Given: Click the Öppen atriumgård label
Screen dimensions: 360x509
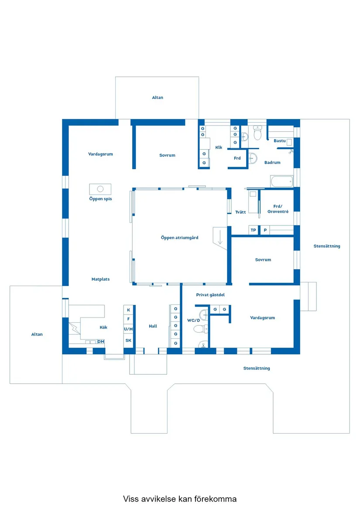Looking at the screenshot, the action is pyautogui.click(x=179, y=238).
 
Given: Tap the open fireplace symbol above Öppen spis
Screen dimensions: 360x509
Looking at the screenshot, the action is pyautogui.click(x=100, y=189).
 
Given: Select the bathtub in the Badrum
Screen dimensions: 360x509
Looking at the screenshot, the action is pyautogui.click(x=282, y=181).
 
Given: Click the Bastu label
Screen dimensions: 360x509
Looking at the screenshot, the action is pyautogui.click(x=279, y=140).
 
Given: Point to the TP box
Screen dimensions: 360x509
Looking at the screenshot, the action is pyautogui.click(x=254, y=230).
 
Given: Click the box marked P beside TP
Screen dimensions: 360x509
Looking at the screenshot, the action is pyautogui.click(x=265, y=230).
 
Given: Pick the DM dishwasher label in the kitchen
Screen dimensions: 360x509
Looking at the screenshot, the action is pyautogui.click(x=101, y=342).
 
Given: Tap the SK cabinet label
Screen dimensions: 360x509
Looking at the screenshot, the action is pyautogui.click(x=128, y=341).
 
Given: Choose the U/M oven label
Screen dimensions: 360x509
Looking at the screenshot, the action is pyautogui.click(x=128, y=329).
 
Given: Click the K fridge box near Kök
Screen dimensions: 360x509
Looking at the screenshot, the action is pyautogui.click(x=128, y=310).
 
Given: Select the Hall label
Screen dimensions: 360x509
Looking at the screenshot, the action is pyautogui.click(x=153, y=326).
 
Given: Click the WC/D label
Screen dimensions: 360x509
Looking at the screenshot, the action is pyautogui.click(x=194, y=321).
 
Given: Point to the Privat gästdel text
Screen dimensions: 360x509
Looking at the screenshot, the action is pyautogui.click(x=210, y=295).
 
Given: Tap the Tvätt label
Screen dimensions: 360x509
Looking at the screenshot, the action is pyautogui.click(x=240, y=212).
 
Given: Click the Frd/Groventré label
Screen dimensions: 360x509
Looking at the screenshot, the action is pyautogui.click(x=278, y=209).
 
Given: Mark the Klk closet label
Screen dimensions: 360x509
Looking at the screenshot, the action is pyautogui.click(x=219, y=147).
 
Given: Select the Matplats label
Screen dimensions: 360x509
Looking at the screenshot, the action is pyautogui.click(x=100, y=279).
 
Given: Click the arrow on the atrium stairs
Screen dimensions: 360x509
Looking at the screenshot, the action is pyautogui.click(x=220, y=237).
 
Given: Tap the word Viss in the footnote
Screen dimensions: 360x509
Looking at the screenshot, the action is pyautogui.click(x=130, y=499).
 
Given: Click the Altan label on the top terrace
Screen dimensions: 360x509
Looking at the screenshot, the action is pyautogui.click(x=158, y=97).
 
